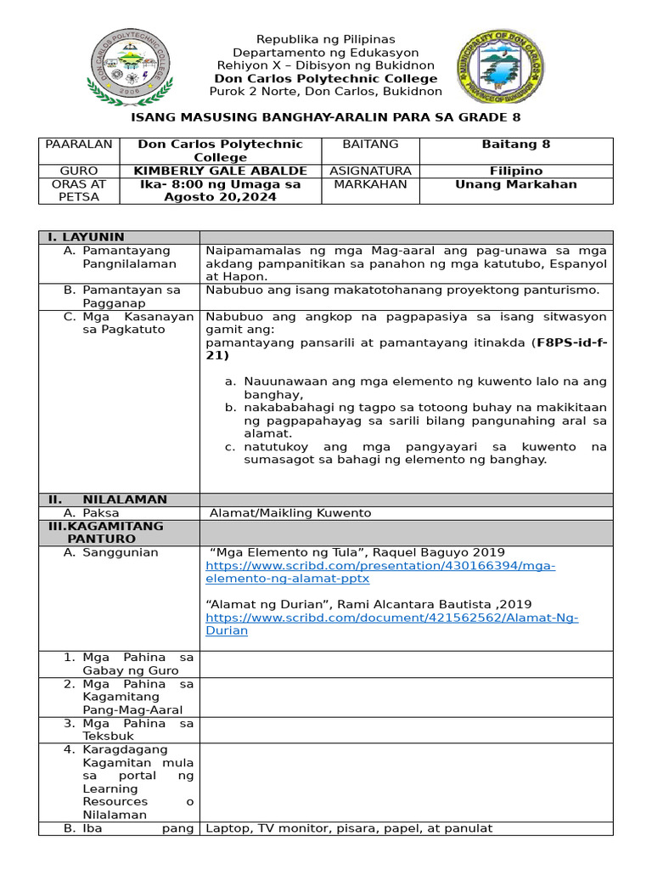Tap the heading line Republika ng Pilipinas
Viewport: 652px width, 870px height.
(x=327, y=39)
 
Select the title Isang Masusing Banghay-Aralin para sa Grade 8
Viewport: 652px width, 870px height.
(x=325, y=117)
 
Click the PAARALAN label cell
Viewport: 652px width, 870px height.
(x=79, y=144)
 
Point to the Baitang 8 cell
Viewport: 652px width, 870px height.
(x=516, y=144)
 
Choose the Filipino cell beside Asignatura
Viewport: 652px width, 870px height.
(x=516, y=171)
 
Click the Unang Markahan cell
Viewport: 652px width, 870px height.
(x=516, y=184)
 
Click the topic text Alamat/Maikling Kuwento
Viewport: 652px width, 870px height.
(x=290, y=513)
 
